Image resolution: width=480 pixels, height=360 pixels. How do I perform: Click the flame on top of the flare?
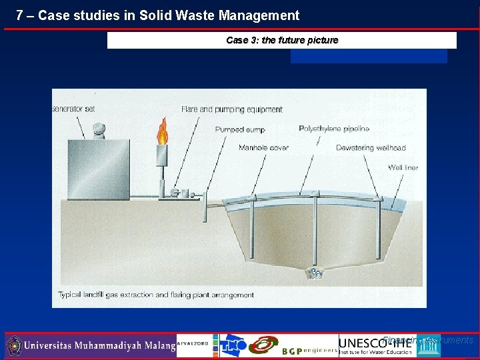(162, 132)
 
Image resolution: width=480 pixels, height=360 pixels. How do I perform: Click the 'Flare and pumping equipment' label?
(222, 109)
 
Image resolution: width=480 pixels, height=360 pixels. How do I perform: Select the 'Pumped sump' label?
(240, 130)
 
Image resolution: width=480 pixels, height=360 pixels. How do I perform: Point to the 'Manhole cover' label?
(263, 148)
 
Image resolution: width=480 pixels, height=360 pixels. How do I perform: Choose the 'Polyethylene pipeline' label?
(334, 129)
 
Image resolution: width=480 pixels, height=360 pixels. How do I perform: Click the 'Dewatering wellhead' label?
(371, 148)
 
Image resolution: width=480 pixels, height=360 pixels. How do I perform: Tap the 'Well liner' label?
(403, 167)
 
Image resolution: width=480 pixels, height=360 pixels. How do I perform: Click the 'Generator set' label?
(73, 109)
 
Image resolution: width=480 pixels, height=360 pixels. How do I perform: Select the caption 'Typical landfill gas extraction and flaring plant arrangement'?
(156, 295)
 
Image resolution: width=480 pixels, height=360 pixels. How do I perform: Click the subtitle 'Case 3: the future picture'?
(282, 40)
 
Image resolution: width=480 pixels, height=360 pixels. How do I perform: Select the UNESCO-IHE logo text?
(375, 343)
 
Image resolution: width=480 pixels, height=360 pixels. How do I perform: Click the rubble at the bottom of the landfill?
(314, 273)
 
